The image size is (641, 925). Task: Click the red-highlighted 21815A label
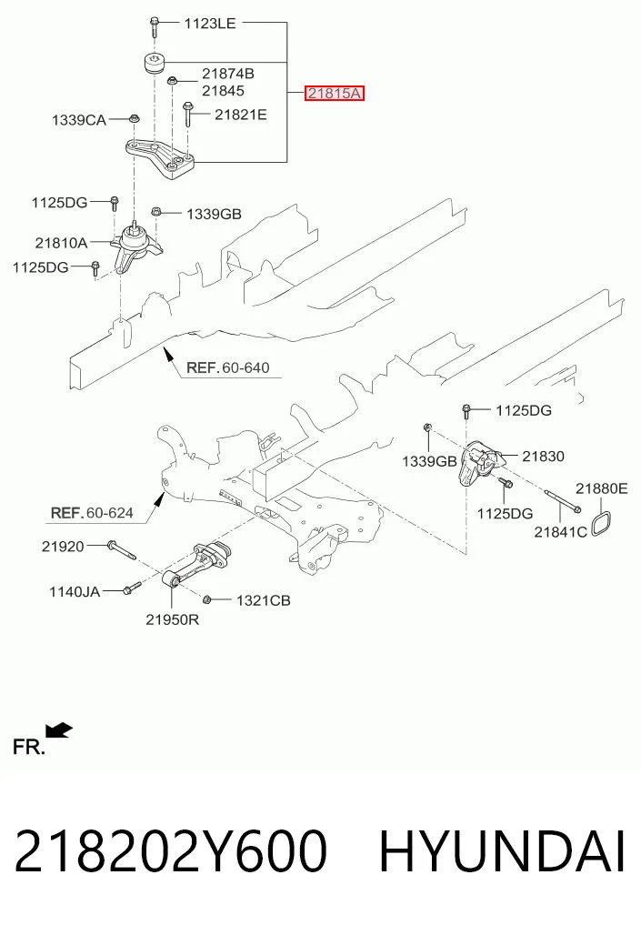point(335,93)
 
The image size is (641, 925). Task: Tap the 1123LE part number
point(210,24)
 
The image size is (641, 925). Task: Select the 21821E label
point(241,115)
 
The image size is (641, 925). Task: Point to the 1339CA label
point(79,120)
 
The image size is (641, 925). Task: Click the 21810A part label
point(61,243)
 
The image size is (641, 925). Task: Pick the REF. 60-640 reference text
point(228,367)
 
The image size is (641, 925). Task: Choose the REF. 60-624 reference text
point(92,513)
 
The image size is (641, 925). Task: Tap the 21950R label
point(172,619)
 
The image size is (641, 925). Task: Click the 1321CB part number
point(264,600)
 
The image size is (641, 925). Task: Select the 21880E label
point(602,488)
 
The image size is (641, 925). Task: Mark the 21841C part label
point(561,532)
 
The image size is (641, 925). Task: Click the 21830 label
point(543,456)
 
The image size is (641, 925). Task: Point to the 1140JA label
point(75,591)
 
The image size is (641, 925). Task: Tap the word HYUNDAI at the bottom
point(502,852)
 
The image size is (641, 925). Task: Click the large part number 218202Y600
point(170,852)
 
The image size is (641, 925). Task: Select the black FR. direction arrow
point(60,730)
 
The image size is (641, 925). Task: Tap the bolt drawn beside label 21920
point(122,550)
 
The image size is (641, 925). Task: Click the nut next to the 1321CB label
point(207,599)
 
